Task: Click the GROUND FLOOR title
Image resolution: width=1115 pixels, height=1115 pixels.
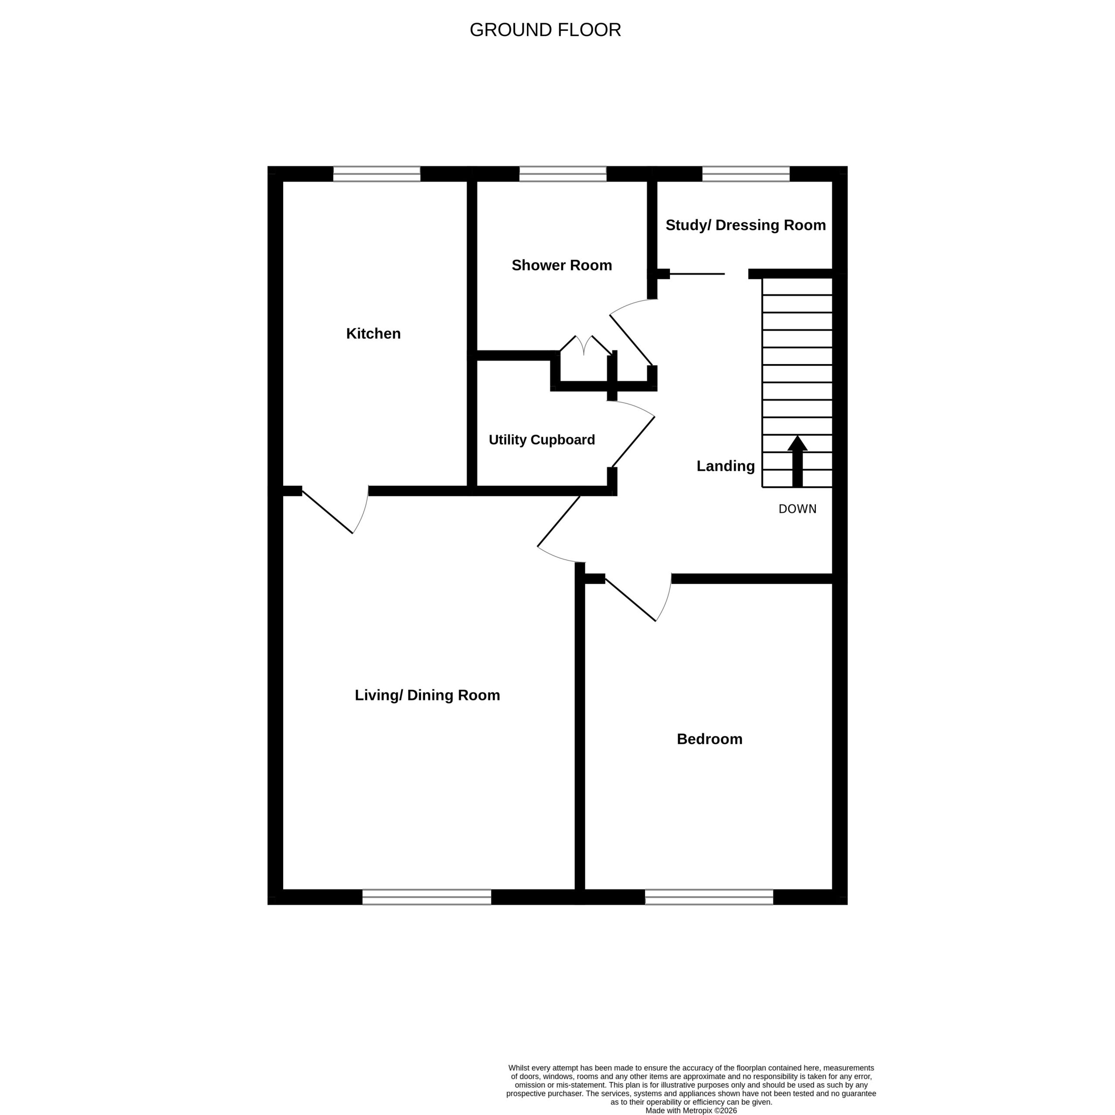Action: (x=545, y=30)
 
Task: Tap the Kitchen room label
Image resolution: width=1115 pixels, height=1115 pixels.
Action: (x=373, y=334)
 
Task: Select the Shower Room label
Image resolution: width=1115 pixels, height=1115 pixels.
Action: (x=561, y=266)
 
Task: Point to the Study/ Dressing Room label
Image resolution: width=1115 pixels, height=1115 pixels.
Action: (x=746, y=226)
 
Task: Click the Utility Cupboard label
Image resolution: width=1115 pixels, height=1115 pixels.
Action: (x=542, y=440)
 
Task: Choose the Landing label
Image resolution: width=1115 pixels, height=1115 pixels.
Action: (x=726, y=466)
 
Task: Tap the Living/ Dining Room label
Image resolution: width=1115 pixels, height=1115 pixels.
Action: (x=427, y=696)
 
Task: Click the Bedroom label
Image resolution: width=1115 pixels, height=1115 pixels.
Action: (x=709, y=739)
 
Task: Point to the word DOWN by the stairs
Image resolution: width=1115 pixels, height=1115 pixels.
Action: (x=797, y=509)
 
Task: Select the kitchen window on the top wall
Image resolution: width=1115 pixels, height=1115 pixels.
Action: (x=377, y=174)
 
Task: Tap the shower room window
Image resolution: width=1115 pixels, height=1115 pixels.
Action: (x=563, y=174)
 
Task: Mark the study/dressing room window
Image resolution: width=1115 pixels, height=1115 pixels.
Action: (x=746, y=174)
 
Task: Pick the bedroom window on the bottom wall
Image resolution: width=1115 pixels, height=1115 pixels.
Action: (x=709, y=897)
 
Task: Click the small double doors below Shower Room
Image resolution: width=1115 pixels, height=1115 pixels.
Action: (x=585, y=345)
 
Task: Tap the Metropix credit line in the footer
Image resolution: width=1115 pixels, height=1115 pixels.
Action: (x=691, y=1110)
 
